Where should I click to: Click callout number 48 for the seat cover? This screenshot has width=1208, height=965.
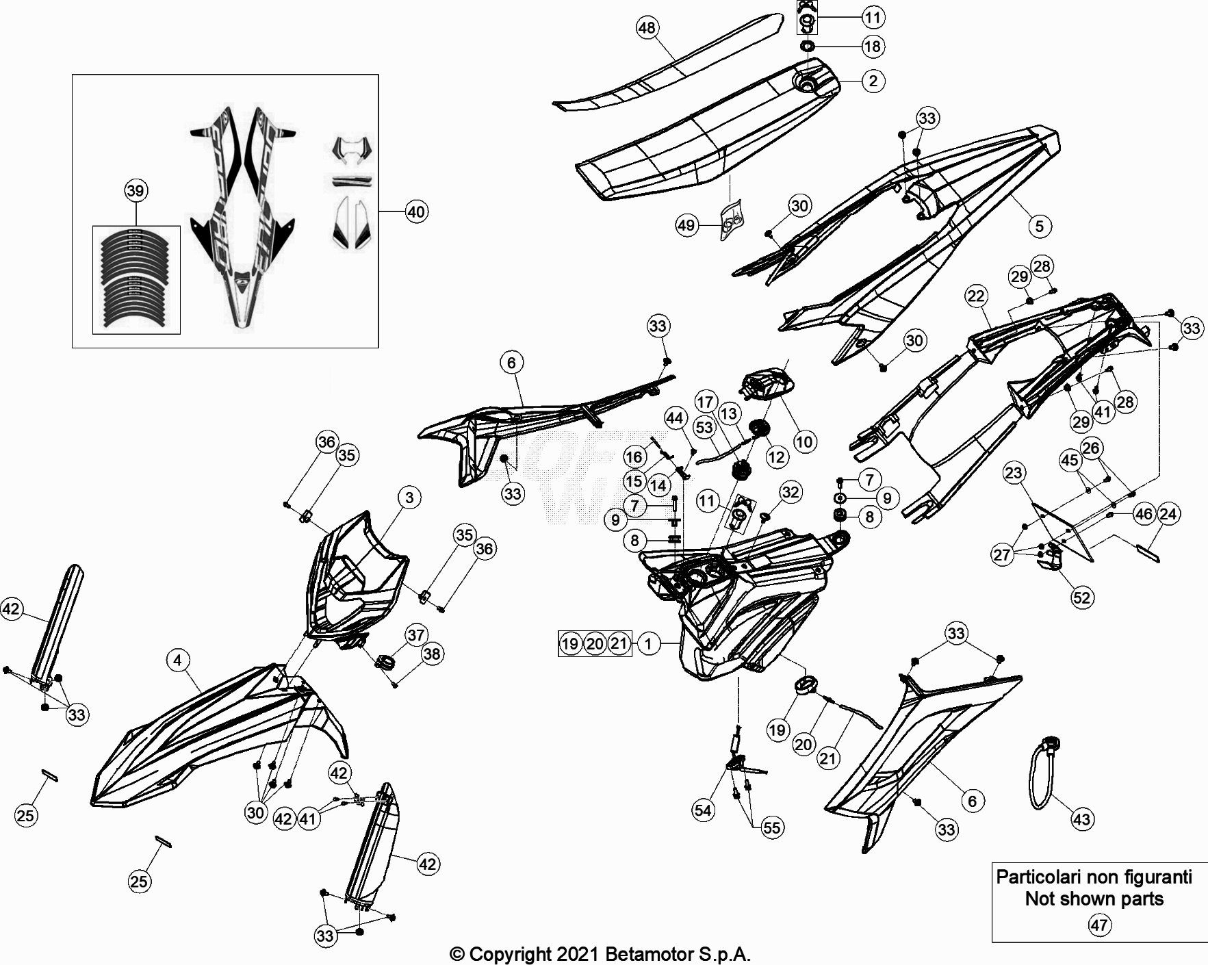[x=647, y=28]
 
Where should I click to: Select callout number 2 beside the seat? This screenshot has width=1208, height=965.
[x=873, y=81]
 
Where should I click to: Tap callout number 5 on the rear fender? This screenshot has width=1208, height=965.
[x=1039, y=226]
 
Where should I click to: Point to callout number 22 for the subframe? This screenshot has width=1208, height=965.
[x=976, y=296]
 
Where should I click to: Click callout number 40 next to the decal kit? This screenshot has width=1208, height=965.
[x=416, y=211]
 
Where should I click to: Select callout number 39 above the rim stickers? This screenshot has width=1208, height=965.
[x=136, y=190]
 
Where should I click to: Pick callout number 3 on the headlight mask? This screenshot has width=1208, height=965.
[x=409, y=497]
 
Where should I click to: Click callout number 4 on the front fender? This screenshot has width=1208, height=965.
[x=178, y=660]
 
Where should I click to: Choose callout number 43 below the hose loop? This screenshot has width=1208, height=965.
[x=1082, y=819]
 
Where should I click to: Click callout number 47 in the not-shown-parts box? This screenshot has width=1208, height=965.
[x=1098, y=925]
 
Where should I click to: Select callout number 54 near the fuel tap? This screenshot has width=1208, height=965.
[x=703, y=810]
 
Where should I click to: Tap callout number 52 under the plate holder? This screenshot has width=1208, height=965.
[x=1081, y=597]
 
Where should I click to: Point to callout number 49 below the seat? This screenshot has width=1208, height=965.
[x=686, y=224]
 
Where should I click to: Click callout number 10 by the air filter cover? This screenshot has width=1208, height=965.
[x=804, y=441]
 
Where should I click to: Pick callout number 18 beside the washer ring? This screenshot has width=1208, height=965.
[x=873, y=47]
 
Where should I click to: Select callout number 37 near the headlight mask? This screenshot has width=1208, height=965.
[x=416, y=634]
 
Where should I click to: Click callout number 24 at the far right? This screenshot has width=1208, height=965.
[x=1168, y=513]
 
